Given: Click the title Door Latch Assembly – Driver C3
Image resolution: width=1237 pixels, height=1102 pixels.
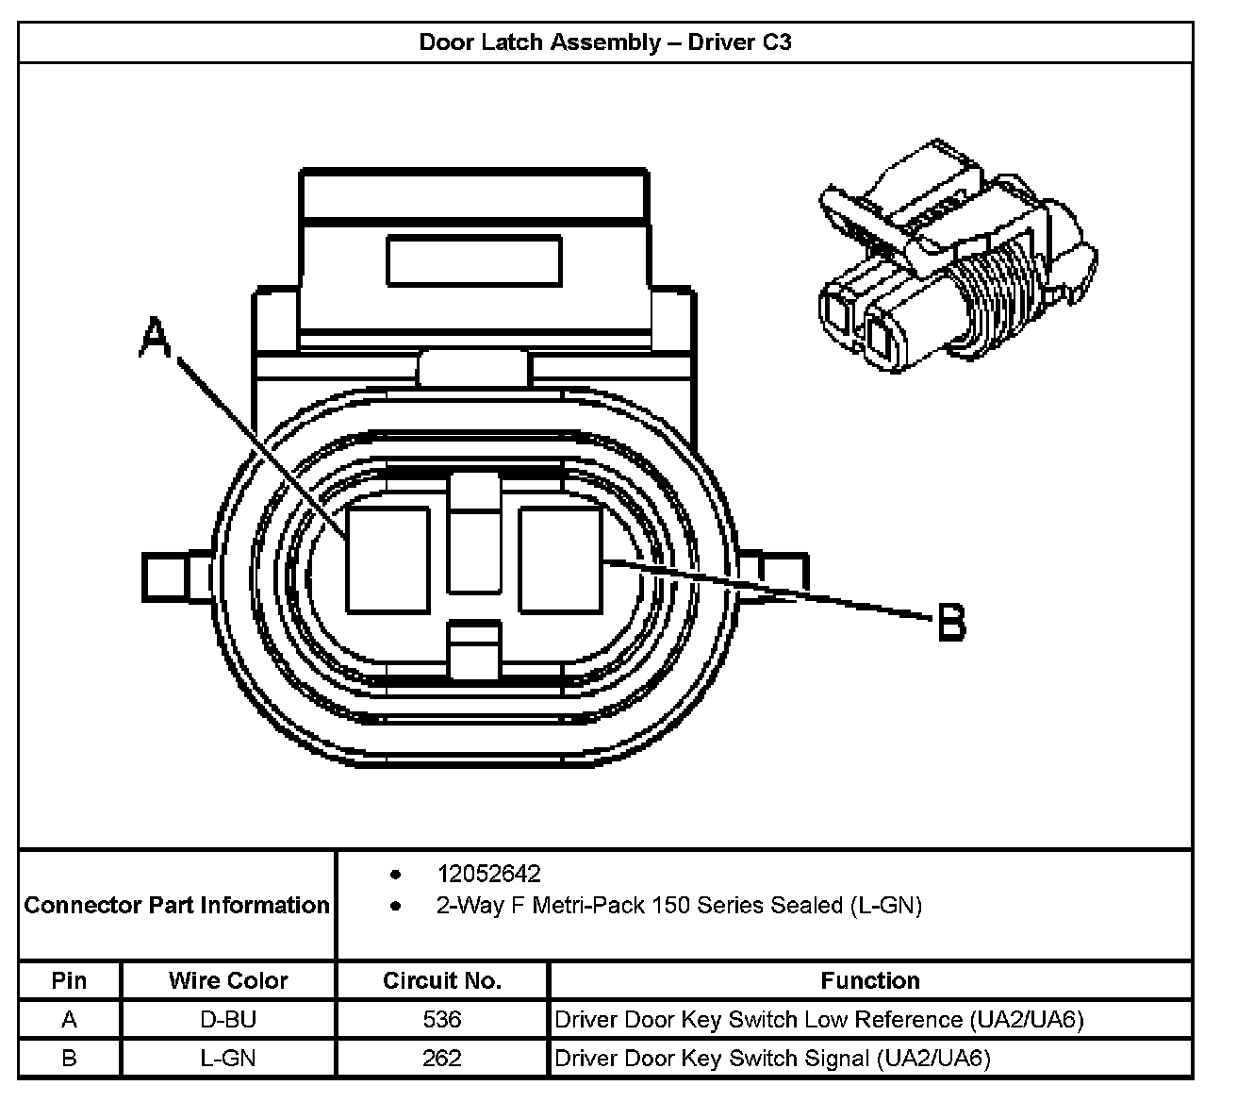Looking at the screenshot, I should pyautogui.click(x=604, y=42).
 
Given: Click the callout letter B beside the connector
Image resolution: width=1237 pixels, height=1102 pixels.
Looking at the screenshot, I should pyautogui.click(x=951, y=623).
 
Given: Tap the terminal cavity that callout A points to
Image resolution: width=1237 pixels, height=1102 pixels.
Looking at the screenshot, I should pyautogui.click(x=388, y=559).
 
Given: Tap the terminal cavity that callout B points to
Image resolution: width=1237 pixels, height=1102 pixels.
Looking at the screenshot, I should pyautogui.click(x=560, y=559).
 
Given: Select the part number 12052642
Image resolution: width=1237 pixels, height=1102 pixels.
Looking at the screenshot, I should pyautogui.click(x=488, y=874).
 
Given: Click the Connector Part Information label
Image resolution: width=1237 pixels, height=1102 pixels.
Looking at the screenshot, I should pyautogui.click(x=177, y=906).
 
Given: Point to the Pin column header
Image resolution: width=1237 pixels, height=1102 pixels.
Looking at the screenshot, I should pyautogui.click(x=69, y=981).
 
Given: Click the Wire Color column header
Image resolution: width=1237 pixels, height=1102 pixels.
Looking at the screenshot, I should pyautogui.click(x=228, y=981).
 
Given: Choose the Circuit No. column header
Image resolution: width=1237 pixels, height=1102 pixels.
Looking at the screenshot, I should pyautogui.click(x=441, y=981).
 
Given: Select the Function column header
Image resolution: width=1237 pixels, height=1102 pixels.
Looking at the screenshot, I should pyautogui.click(x=869, y=981).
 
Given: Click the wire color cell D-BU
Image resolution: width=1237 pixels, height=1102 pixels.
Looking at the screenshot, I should pyautogui.click(x=228, y=1020).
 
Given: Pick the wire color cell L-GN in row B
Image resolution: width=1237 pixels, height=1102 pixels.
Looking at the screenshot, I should pyautogui.click(x=228, y=1059).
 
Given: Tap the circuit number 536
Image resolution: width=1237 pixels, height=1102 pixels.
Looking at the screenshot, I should pyautogui.click(x=441, y=1020).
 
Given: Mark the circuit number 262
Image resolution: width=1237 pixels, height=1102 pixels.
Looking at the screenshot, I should pyautogui.click(x=441, y=1059).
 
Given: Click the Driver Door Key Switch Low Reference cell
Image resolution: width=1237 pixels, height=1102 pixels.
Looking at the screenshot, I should pyautogui.click(x=818, y=1020).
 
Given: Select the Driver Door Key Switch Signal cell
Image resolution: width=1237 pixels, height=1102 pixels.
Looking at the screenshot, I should pyautogui.click(x=772, y=1059).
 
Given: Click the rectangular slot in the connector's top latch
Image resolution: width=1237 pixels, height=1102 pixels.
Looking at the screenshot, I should pyautogui.click(x=473, y=261).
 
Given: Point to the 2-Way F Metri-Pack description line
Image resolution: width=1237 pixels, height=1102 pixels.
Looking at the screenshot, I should pyautogui.click(x=679, y=906).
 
